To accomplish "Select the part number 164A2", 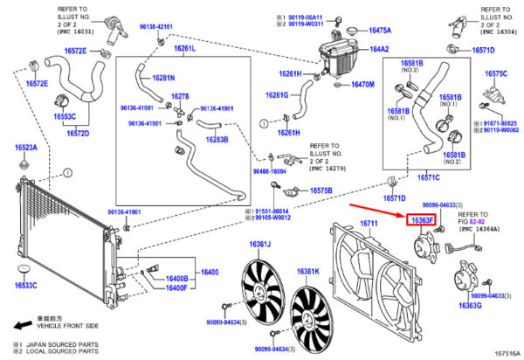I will [x=379, y=50].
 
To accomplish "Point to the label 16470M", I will [x=362, y=85].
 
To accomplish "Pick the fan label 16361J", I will [x=260, y=244].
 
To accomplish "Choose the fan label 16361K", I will [x=309, y=271].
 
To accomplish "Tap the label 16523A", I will [x=25, y=148].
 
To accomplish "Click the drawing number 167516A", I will [x=501, y=353].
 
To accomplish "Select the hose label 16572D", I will [x=78, y=135].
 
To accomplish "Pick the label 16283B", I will [x=216, y=139].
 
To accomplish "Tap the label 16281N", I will [x=162, y=78].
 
